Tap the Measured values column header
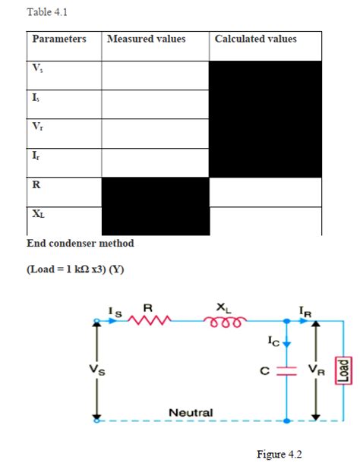[147, 39]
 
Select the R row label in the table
[36, 184]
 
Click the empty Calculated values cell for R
[265, 191]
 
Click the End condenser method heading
[80, 243]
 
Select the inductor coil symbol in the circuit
[221, 321]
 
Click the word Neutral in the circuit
[191, 412]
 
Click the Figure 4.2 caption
[279, 454]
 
